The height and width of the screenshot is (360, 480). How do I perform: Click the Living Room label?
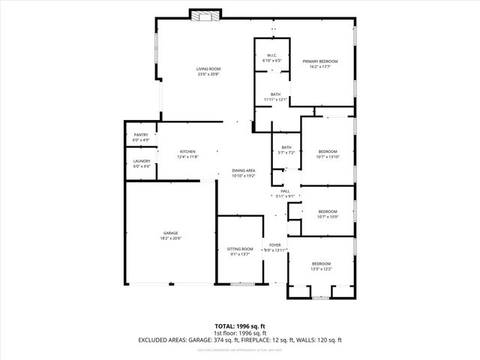point(209,69)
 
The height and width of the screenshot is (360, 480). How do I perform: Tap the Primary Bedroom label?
point(320,61)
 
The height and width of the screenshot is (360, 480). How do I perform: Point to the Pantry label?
point(141,135)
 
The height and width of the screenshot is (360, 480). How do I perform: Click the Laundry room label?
point(142,160)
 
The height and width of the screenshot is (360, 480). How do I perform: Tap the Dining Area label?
point(244,170)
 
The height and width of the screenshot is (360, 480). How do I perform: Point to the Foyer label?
point(275,244)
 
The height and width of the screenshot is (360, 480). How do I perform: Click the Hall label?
point(285,191)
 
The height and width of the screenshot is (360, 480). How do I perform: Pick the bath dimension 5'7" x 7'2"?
point(286,152)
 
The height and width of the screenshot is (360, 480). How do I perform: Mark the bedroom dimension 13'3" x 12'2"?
point(321,268)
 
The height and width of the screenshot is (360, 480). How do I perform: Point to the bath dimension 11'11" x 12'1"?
point(275,99)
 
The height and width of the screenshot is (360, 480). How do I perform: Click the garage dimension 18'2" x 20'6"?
point(171,238)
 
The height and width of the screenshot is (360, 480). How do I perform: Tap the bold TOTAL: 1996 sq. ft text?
point(240,326)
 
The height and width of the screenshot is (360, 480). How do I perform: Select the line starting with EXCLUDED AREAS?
point(240,340)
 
